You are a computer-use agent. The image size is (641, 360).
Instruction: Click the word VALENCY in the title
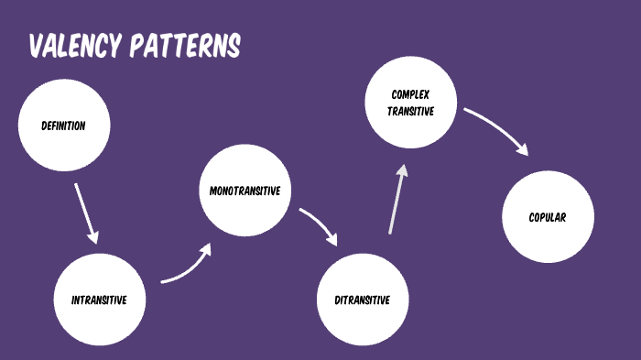click(x=75, y=46)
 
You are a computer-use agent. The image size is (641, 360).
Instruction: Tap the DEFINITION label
click(x=63, y=126)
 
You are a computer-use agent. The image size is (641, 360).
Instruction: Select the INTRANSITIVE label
click(x=99, y=300)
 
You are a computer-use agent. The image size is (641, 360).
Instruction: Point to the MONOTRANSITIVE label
click(x=244, y=191)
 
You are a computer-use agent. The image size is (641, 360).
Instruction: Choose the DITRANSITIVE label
click(x=363, y=300)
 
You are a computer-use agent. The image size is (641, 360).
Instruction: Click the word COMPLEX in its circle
click(x=410, y=94)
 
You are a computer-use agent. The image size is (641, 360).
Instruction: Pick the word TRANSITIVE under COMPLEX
click(x=410, y=111)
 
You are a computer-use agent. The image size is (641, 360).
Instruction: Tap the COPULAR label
click(x=548, y=218)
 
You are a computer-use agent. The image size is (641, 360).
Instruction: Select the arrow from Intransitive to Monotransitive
click(x=188, y=266)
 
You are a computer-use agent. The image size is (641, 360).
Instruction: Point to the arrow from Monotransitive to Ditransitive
click(x=320, y=225)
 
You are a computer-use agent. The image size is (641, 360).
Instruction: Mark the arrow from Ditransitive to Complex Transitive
click(x=396, y=200)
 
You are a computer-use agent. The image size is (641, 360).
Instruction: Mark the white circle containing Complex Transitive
click(x=410, y=128)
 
